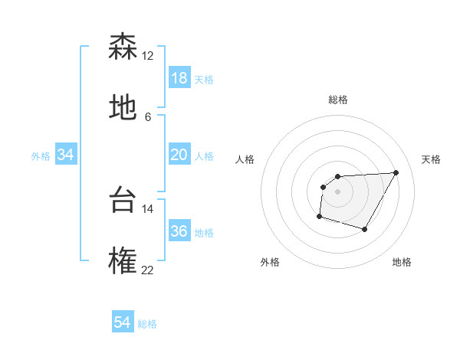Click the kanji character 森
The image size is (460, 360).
[x=123, y=47]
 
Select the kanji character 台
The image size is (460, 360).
[x=123, y=199]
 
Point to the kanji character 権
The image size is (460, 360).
[x=123, y=260]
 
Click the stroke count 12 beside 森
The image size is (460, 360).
[x=147, y=56]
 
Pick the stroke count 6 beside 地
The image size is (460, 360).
[x=147, y=117]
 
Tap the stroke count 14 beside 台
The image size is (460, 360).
[x=147, y=208]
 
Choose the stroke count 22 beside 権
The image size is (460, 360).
[x=147, y=270]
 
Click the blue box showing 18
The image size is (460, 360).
[x=179, y=78]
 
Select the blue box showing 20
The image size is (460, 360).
[x=179, y=155]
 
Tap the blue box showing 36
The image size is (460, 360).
[x=179, y=231]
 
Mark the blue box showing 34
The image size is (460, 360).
[x=66, y=155]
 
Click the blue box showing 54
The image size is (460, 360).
[x=123, y=322]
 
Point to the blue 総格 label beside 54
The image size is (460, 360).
[x=147, y=324]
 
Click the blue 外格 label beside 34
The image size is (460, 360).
[x=41, y=156]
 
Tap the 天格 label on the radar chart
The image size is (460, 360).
[x=431, y=159]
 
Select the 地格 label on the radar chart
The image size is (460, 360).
[x=402, y=263]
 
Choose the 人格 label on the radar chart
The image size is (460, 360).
[x=245, y=159]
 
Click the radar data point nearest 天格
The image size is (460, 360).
[x=396, y=172]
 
